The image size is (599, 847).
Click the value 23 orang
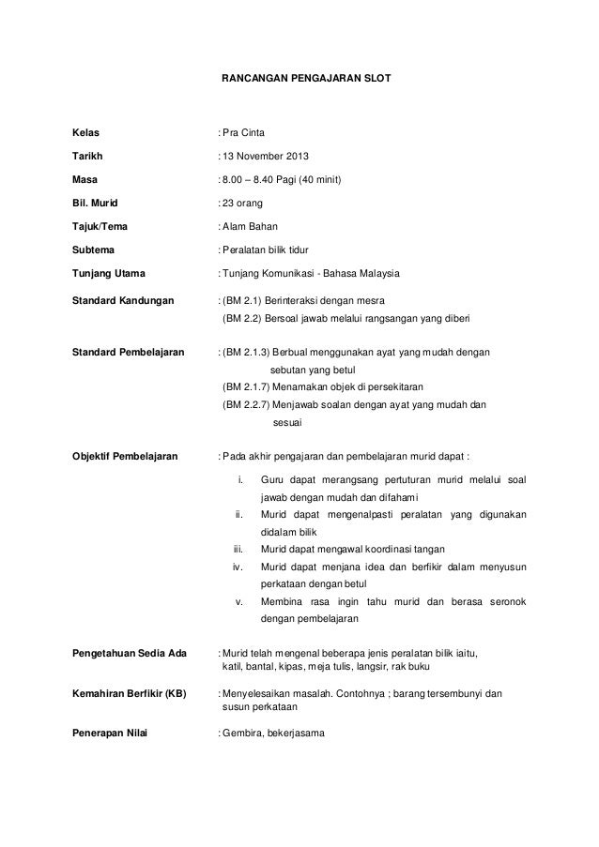(242, 203)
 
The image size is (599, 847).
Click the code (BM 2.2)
(242, 320)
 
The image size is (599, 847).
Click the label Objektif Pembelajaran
(125, 457)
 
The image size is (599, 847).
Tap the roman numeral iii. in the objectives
(238, 548)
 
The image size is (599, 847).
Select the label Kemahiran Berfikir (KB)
(130, 694)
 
